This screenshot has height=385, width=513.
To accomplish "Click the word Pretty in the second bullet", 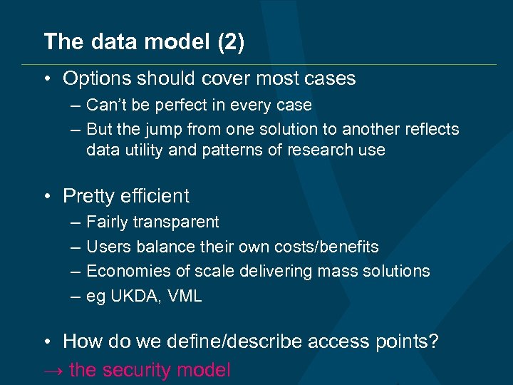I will point(88,196).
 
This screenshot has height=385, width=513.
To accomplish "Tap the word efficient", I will point(153,196).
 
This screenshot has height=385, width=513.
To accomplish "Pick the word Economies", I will point(126,271).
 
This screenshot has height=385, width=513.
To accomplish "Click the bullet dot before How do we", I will point(47,342).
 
